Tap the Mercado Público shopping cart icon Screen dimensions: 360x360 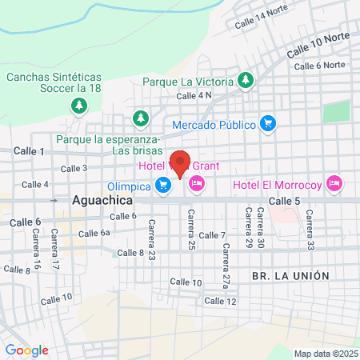(x=268, y=124)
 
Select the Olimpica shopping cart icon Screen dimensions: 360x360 (x=164, y=186)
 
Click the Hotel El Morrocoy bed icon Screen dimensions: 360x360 (x=334, y=185)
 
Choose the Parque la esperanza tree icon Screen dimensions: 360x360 (x=141, y=118)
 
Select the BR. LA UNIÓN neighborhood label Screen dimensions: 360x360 (x=290, y=275)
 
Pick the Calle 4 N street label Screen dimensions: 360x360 (x=194, y=95)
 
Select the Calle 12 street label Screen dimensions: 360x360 (x=220, y=301)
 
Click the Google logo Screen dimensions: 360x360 (x=26, y=350)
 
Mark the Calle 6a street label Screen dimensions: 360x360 (x=94, y=233)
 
